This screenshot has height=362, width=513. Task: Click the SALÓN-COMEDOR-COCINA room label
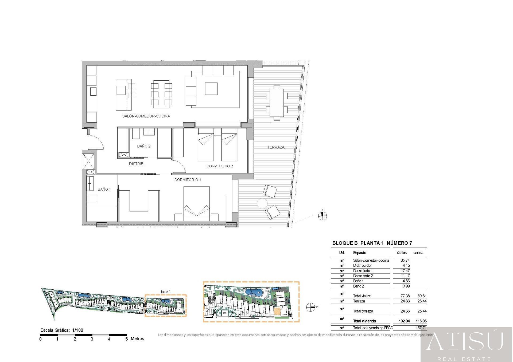(x=146, y=116)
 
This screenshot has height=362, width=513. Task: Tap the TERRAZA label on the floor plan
(x=276, y=147)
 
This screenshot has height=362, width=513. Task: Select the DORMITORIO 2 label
(x=219, y=166)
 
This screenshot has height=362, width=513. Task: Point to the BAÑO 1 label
(x=104, y=189)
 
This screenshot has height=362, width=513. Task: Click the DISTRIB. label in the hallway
(x=137, y=164)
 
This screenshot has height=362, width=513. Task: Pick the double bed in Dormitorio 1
(x=196, y=203)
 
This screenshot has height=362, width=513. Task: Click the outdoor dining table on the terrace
(x=277, y=103)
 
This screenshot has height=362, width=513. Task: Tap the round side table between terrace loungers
(x=262, y=204)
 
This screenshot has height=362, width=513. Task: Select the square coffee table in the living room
(x=211, y=89)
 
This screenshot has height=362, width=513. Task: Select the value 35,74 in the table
(x=405, y=260)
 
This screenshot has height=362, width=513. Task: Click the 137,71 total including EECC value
(x=421, y=328)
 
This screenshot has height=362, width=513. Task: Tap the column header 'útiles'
(x=402, y=253)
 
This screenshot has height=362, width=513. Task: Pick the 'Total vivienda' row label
(x=364, y=321)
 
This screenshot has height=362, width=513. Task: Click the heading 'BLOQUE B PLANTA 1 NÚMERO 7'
(x=372, y=243)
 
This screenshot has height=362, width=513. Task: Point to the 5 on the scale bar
(x=126, y=339)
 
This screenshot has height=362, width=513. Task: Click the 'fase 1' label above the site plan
(x=165, y=292)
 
